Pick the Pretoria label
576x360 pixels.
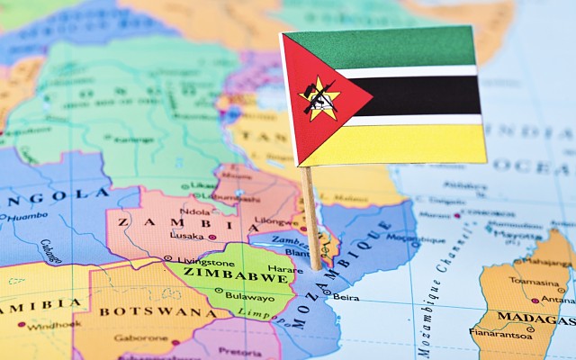pyautogui.click(x=239, y=352)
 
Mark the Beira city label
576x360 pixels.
pyautogui.click(x=346, y=296)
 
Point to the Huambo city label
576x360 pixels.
pyautogui.click(x=27, y=216)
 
